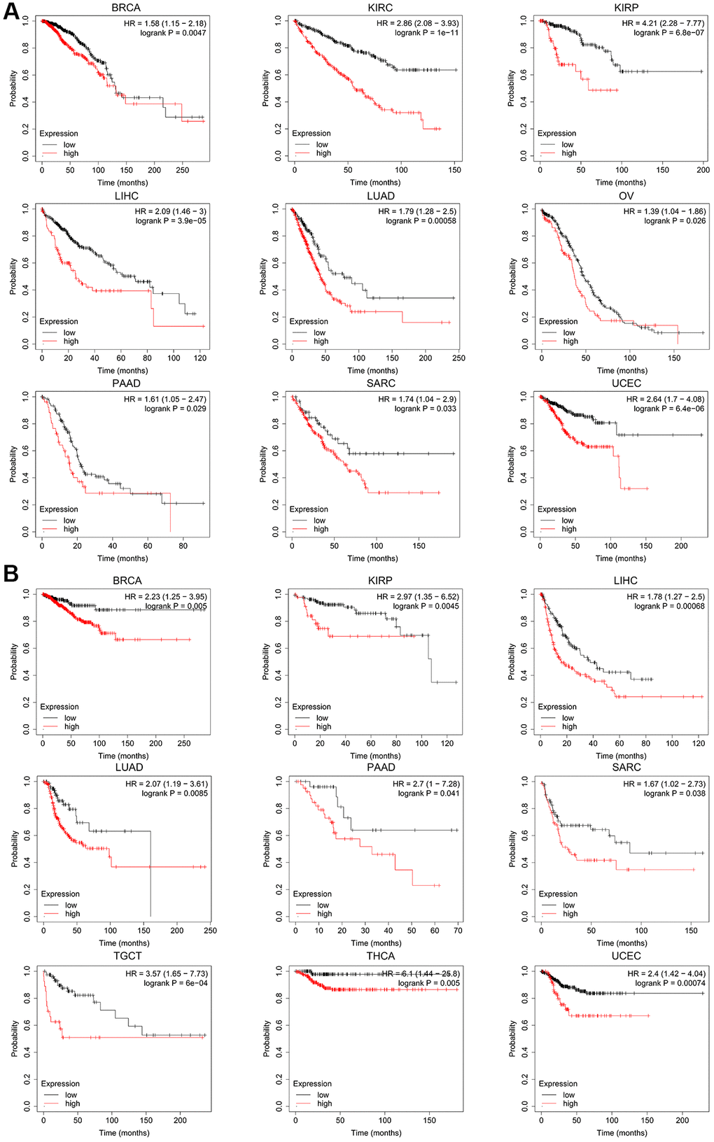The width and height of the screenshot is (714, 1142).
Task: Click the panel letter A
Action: coord(11,12)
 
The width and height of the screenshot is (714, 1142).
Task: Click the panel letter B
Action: coord(11,574)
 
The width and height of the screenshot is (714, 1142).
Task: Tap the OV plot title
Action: coord(626,196)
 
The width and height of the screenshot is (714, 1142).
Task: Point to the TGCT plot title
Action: coord(127,956)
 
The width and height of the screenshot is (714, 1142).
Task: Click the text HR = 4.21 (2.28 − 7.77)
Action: coord(663,23)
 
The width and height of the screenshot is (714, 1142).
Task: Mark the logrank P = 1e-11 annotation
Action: coord(426,33)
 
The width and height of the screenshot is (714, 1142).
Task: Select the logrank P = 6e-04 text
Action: coord(176,983)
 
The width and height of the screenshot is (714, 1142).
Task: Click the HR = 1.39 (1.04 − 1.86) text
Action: coord(664,211)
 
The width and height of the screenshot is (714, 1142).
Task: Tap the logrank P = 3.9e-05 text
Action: coord(171,221)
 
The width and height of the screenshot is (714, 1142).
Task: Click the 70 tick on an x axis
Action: coord(458,931)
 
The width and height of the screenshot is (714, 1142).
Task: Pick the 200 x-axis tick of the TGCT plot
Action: coord(180,1120)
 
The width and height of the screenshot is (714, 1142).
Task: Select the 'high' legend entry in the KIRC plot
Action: coord(323,153)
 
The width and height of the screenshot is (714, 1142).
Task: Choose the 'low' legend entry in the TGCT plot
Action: coord(71,1095)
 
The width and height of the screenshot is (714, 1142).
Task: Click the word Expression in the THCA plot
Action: coord(312,1084)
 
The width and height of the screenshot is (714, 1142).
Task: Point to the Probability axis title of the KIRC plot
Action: coord(267,88)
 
